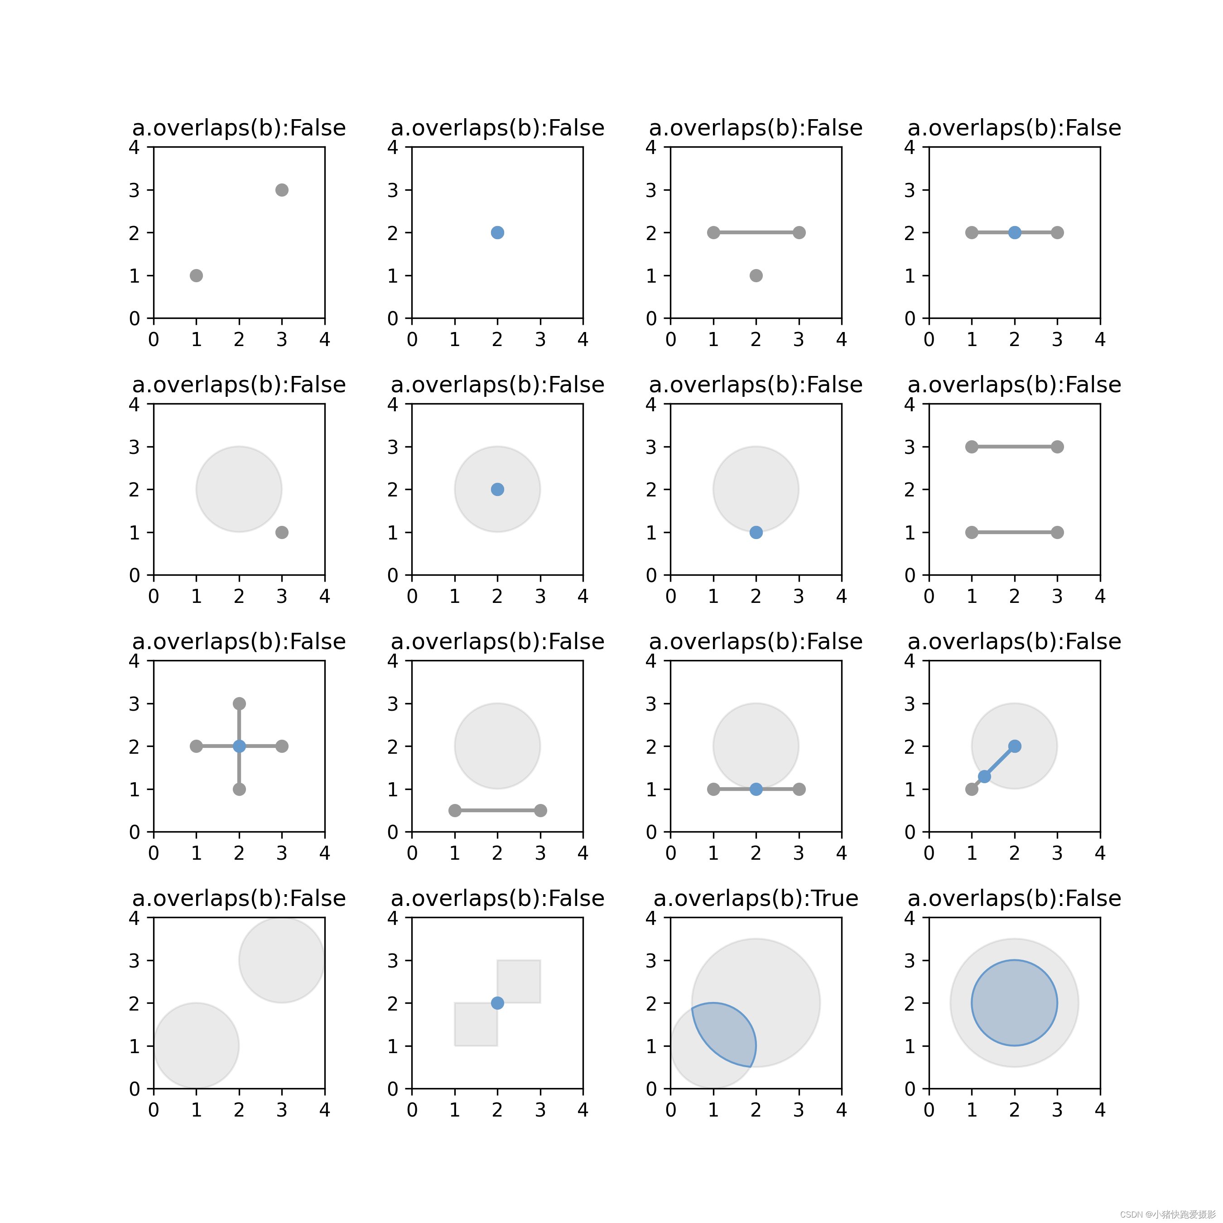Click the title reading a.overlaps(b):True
coord(756,898)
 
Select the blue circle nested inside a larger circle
coord(1014,1003)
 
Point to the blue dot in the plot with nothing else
coord(497,232)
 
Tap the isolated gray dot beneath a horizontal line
coord(756,275)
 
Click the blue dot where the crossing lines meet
coord(239,746)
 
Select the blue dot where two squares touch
coord(497,1003)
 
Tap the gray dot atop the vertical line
coord(239,703)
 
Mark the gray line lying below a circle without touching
coord(497,810)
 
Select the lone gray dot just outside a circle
coord(282,532)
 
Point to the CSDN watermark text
coord(1167,1214)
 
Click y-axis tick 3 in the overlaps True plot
coord(651,960)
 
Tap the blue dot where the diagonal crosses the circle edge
coord(984,776)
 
